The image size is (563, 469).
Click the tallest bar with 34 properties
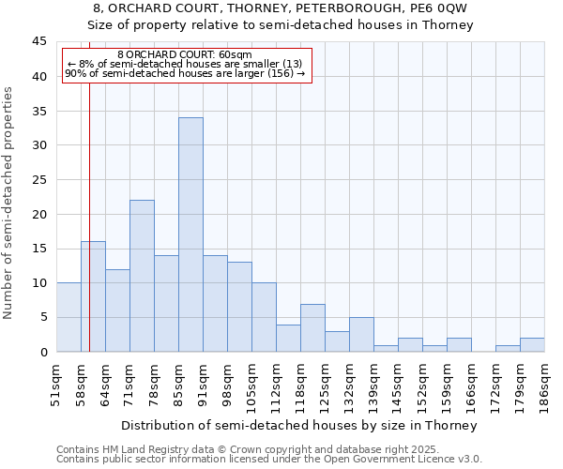(190, 234)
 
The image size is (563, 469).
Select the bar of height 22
(142, 276)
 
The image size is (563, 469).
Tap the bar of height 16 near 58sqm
(93, 296)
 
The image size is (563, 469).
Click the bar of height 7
(312, 327)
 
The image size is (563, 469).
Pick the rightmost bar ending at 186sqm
(532, 344)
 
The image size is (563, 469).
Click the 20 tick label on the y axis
(38, 214)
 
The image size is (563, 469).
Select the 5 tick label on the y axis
(42, 317)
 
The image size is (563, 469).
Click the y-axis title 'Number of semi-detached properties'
(9, 203)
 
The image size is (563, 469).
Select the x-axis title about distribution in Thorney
(300, 426)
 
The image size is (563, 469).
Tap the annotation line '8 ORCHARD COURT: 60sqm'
(185, 55)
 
